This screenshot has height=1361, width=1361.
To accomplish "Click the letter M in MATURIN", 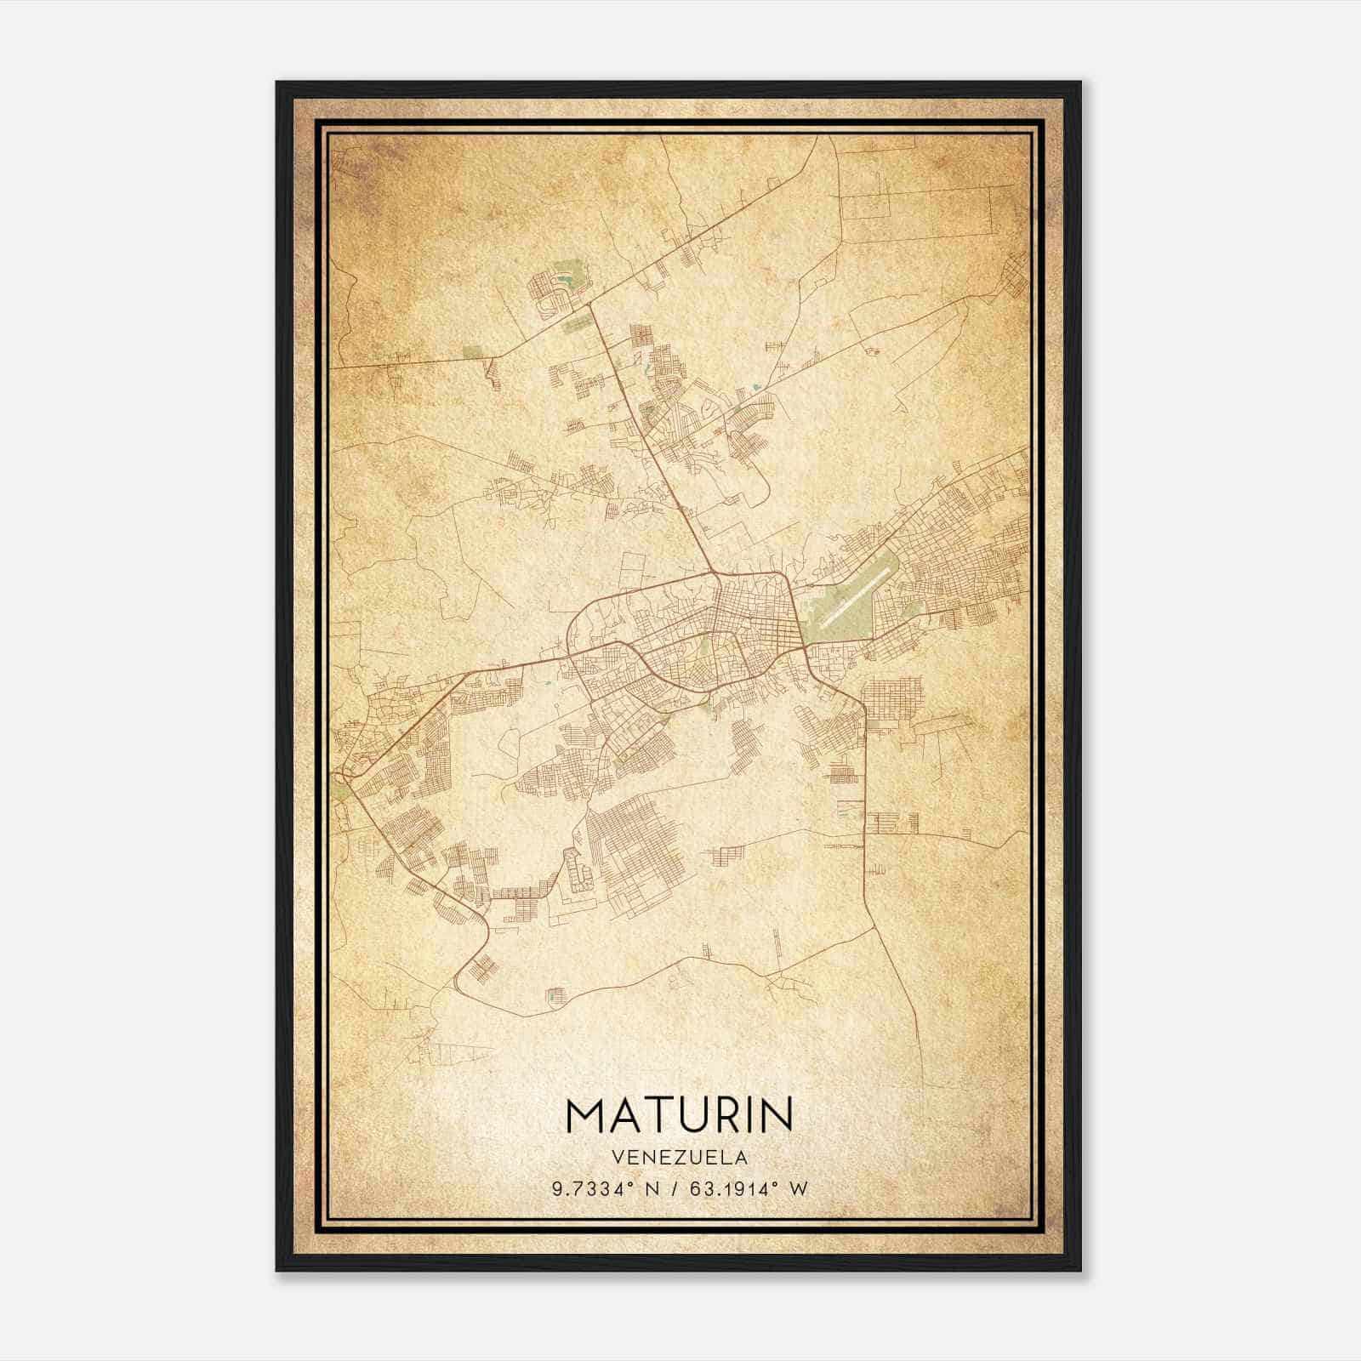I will pyautogui.click(x=586, y=1115).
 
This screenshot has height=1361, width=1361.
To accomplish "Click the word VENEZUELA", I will pyautogui.click(x=679, y=1157).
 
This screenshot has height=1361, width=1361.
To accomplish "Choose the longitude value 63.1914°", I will pyautogui.click(x=722, y=1189).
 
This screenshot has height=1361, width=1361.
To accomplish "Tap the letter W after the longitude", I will pyautogui.click(x=797, y=1189).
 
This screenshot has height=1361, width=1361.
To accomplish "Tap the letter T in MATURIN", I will pyautogui.click(x=652, y=1115).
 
